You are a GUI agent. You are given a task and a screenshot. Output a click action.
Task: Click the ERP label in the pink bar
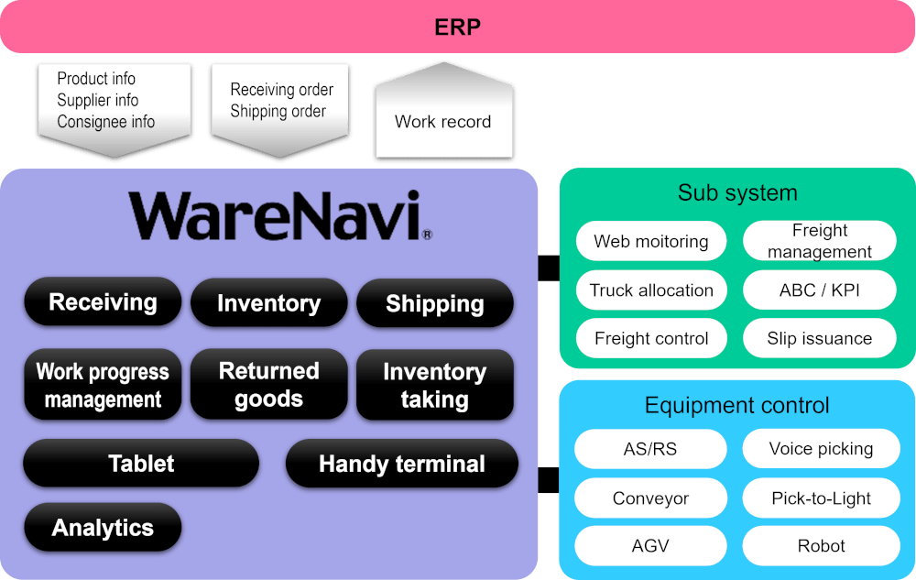[457, 27]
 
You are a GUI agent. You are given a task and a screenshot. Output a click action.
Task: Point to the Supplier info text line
[98, 100]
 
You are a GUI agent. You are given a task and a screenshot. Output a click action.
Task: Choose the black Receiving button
[103, 302]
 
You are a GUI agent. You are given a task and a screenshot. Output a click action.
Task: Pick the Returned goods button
[268, 385]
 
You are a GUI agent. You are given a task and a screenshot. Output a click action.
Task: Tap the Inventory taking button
[434, 386]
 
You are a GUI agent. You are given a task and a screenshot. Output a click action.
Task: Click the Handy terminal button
[401, 465]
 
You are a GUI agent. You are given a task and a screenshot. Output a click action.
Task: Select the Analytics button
[103, 528]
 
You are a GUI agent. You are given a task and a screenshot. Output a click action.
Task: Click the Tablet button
[141, 464]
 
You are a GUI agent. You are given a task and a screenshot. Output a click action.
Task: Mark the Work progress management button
[103, 386]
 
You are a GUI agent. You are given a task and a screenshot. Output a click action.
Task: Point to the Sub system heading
[737, 192]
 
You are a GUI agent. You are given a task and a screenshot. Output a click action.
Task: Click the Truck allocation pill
[651, 290]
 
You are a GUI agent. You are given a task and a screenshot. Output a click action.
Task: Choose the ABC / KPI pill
[820, 290]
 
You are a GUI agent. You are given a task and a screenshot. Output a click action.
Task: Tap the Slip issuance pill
[820, 338]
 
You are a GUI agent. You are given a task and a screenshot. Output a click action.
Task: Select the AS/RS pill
[650, 449]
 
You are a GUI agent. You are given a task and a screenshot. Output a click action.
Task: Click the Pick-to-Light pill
[821, 498]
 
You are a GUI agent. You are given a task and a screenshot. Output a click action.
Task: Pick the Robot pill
[821, 546]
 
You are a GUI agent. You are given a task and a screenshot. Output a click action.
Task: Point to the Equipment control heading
[737, 405]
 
